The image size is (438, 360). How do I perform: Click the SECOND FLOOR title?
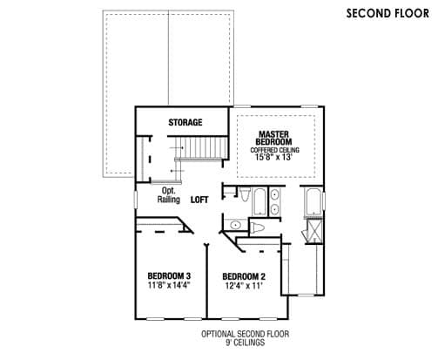pyautogui.click(x=387, y=13)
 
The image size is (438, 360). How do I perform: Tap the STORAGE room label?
pyautogui.click(x=185, y=122)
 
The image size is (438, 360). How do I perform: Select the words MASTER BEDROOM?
pyautogui.click(x=273, y=138)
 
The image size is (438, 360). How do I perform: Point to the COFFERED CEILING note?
pyautogui.click(x=274, y=150)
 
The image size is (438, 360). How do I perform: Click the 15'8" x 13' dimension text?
pyautogui.click(x=273, y=157)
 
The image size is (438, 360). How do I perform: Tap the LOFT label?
pyautogui.click(x=199, y=200)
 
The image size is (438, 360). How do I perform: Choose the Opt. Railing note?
pyautogui.click(x=169, y=195)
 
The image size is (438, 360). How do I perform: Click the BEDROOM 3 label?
pyautogui.click(x=169, y=275)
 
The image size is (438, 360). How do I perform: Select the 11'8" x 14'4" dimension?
pyautogui.click(x=169, y=285)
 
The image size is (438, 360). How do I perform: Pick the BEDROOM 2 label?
pyautogui.click(x=244, y=276)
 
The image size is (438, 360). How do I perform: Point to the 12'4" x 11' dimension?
pyautogui.click(x=244, y=286)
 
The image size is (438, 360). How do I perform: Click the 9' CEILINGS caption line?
pyautogui.click(x=246, y=343)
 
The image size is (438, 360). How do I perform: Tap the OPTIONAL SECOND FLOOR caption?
pyautogui.click(x=246, y=334)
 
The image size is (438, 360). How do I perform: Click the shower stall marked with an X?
pyautogui.click(x=314, y=231)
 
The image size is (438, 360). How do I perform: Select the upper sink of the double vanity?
pyautogui.click(x=274, y=194)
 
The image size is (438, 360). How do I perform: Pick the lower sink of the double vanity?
pyautogui.click(x=274, y=208)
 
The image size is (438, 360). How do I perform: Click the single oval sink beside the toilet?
pyautogui.click(x=235, y=225)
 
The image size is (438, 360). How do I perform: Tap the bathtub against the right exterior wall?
pyautogui.click(x=313, y=201)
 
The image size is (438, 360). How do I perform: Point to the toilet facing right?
pyautogui.click(x=258, y=228)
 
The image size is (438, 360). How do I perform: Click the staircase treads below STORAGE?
pyautogui.click(x=201, y=147)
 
